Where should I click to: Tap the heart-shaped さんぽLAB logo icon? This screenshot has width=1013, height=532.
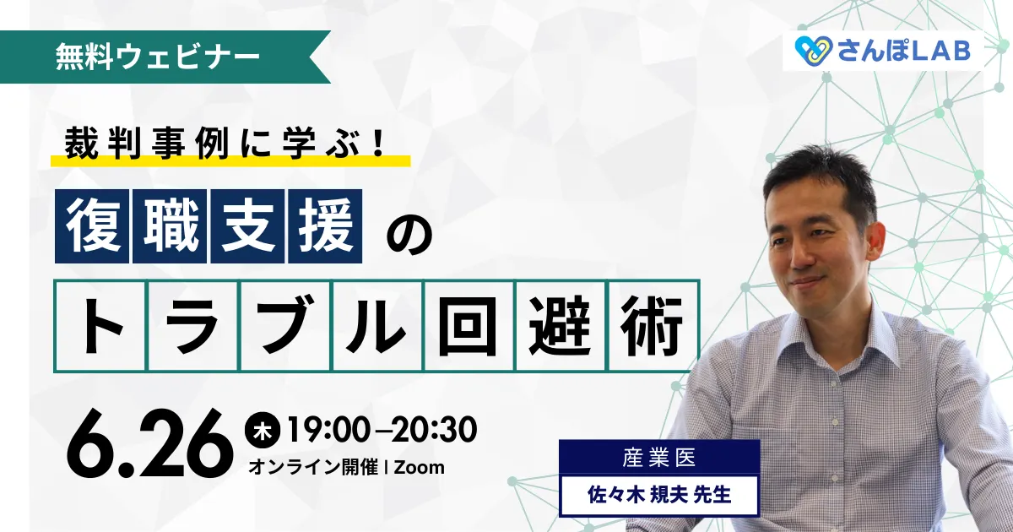coord(814,52)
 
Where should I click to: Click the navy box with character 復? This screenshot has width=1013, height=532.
coord(92,226)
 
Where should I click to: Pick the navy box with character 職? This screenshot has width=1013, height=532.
coord(170,226)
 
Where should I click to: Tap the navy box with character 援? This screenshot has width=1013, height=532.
coord(325,226)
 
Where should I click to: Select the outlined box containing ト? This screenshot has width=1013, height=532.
coord(100,326)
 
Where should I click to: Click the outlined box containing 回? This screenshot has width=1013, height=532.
coord(469,326)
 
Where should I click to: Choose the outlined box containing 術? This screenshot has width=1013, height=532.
coord(653,326)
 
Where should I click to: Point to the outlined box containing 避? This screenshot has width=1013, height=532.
coord(561,326)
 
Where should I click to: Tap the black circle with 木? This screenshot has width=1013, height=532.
coord(263,430)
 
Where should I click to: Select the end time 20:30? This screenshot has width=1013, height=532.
coord(434,430)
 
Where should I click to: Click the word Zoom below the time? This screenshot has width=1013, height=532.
coord(420,467)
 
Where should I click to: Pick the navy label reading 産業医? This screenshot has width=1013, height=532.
coord(659,458)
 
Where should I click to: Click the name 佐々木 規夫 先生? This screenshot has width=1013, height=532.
coord(659,495)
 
